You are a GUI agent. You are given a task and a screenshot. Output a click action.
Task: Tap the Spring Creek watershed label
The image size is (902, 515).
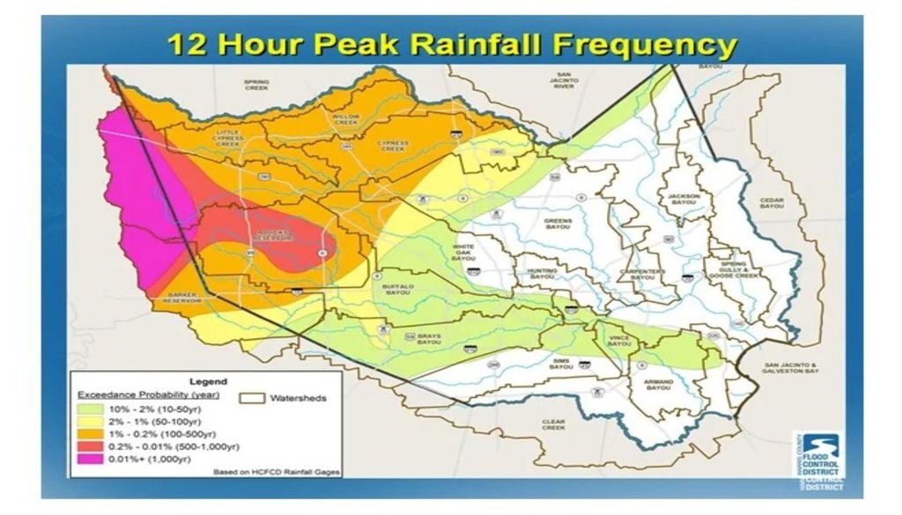[256, 85]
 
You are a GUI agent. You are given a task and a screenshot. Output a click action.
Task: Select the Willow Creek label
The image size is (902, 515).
[345, 119]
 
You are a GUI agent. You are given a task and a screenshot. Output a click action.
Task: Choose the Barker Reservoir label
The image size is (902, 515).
[182, 298]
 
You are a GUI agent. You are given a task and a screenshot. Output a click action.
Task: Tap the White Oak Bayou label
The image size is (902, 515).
[463, 253]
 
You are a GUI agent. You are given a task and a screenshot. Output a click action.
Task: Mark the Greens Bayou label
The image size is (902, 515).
[558, 224]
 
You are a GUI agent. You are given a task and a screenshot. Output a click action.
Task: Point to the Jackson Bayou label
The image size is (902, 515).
[683, 200]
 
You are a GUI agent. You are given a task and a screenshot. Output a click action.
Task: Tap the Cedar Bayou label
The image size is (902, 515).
[772, 203]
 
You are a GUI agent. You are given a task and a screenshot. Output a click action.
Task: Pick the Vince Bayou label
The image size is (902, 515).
[619, 341]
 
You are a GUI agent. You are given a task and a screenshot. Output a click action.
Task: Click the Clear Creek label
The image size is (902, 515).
[553, 424]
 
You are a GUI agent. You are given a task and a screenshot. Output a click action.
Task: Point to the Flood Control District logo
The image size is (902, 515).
[818, 458]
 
